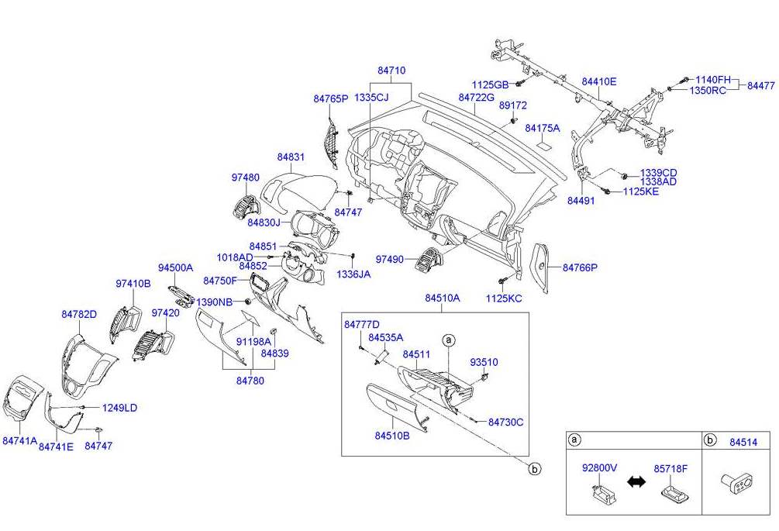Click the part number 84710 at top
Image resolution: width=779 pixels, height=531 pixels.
click(x=391, y=71)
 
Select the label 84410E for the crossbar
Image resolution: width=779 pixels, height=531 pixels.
click(x=599, y=81)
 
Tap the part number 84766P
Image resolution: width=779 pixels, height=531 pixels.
click(x=581, y=267)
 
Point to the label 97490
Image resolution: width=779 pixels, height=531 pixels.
click(x=391, y=259)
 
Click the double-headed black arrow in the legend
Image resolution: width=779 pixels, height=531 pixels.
click(x=636, y=482)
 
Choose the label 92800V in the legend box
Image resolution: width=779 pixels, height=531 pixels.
click(x=599, y=468)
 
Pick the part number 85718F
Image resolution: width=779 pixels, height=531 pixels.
click(x=671, y=468)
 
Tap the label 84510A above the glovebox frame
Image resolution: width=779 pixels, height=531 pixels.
click(x=442, y=298)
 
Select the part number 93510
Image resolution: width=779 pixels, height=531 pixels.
click(x=484, y=362)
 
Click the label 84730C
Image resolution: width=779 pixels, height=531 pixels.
click(x=506, y=422)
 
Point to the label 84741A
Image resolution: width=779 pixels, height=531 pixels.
click(x=19, y=440)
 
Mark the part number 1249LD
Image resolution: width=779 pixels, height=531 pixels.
click(x=120, y=408)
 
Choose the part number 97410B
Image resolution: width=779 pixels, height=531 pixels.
click(x=133, y=284)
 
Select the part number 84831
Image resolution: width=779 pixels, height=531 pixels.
click(x=291, y=157)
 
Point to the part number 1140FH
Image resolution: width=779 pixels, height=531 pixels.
click(x=712, y=79)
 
